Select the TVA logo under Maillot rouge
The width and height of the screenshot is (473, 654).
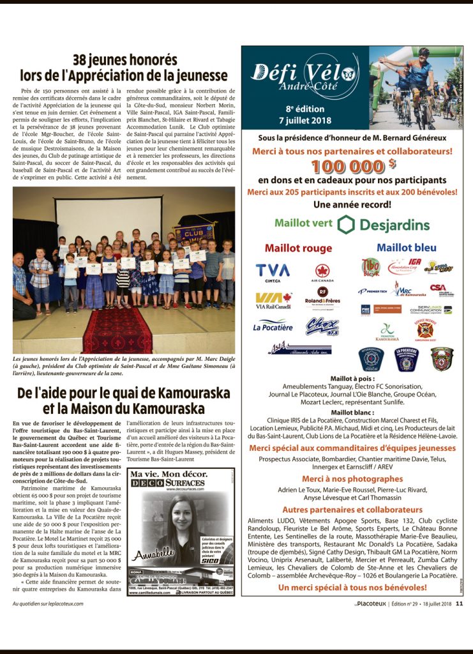pyautogui.click(x=273, y=272)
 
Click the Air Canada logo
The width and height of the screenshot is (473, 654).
pyautogui.click(x=322, y=273)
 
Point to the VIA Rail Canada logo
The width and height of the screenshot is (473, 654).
pyautogui.click(x=273, y=300)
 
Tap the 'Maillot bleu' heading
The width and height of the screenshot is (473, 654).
pyautogui.click(x=407, y=247)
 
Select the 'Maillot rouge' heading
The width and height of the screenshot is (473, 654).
pyautogui.click(x=298, y=248)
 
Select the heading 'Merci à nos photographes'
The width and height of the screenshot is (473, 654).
pyautogui.click(x=352, y=478)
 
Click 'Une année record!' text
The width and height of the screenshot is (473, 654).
pyautogui.click(x=352, y=204)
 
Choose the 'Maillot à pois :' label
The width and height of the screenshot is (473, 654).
pyautogui.click(x=352, y=379)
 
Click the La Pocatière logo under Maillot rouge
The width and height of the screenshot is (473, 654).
pyautogui.click(x=273, y=326)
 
